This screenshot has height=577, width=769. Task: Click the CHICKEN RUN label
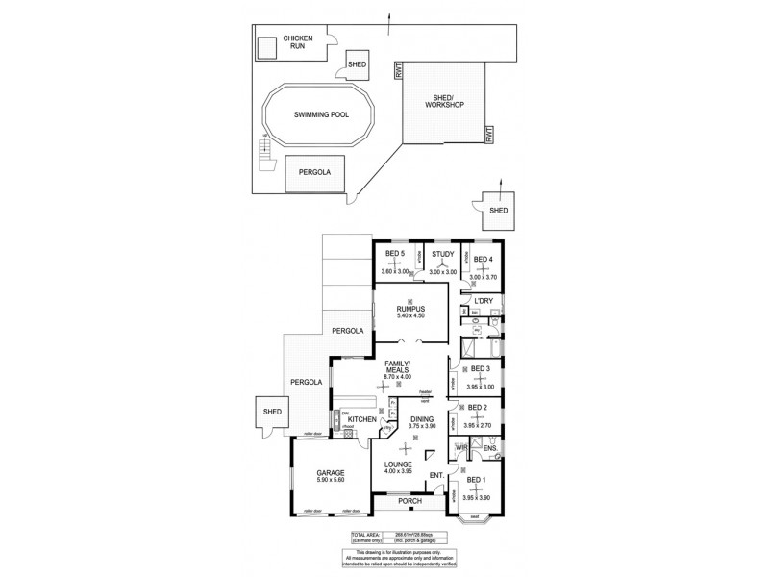click(297, 43)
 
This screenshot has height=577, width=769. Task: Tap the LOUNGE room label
click(397, 463)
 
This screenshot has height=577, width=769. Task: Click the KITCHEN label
click(361, 419)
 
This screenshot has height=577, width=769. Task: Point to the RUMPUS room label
click(410, 310)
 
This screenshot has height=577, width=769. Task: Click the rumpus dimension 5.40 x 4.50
click(410, 318)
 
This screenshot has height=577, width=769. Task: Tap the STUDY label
click(442, 254)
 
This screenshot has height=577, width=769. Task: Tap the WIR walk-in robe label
click(461, 447)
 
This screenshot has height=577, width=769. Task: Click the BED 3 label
click(481, 369)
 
